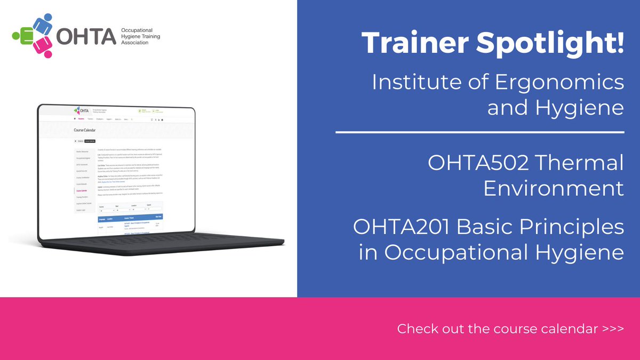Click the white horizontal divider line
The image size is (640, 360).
point(480,131)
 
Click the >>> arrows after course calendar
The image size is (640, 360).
point(613,329)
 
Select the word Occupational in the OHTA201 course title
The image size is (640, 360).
point(455,252)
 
